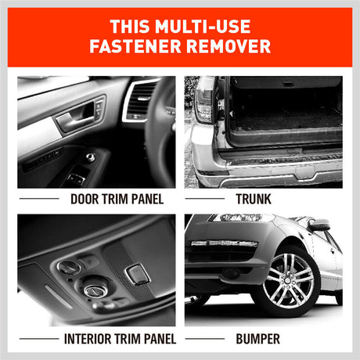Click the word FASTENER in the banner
coord(135,46)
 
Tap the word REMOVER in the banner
coord(229,46)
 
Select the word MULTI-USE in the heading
coord(203,27)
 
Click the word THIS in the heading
coord(130,27)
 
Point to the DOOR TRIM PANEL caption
coord(117,199)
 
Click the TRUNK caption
coord(254,199)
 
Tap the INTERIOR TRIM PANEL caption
coord(120,339)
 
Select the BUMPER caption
coord(257,339)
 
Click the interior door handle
coord(75,118)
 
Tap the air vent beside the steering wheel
coord(139,101)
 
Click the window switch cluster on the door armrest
coord(76,178)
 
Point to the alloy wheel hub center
coord(288,280)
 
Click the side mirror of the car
coord(319,225)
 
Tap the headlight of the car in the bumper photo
coord(240,218)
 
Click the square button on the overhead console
coord(138,273)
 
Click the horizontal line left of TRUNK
coord(205,199)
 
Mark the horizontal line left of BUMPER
coord(205,339)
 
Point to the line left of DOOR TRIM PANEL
coord(39,199)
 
